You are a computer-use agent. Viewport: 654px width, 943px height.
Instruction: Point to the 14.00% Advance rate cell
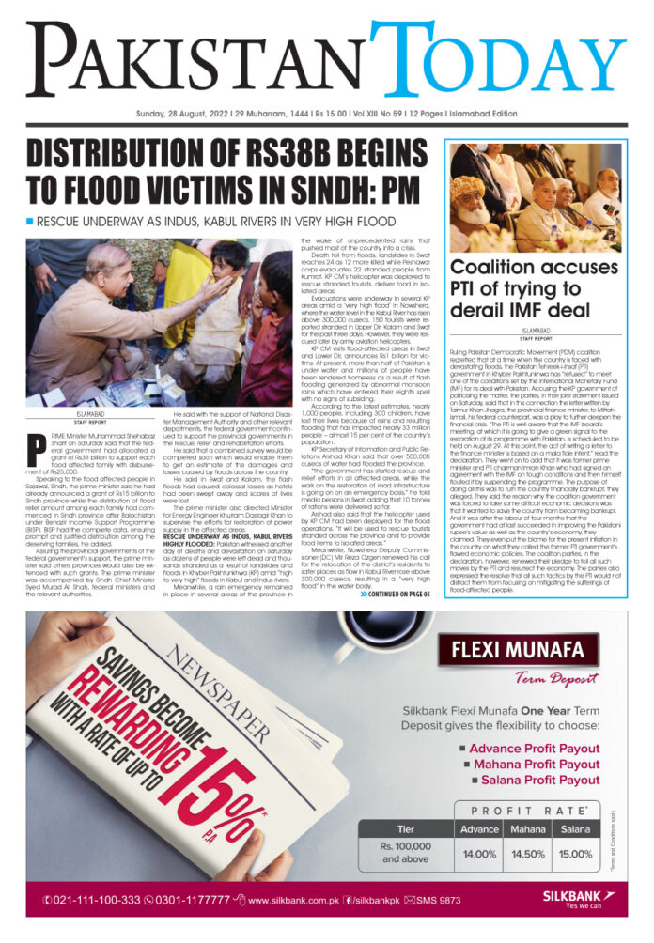tap(479, 854)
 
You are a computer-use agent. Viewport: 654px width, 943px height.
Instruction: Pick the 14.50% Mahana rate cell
tap(527, 854)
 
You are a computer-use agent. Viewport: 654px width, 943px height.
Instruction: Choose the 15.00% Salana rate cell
tap(575, 854)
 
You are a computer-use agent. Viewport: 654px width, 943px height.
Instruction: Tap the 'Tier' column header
tap(405, 829)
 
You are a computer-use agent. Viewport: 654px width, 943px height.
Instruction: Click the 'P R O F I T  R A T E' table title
tap(524, 810)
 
